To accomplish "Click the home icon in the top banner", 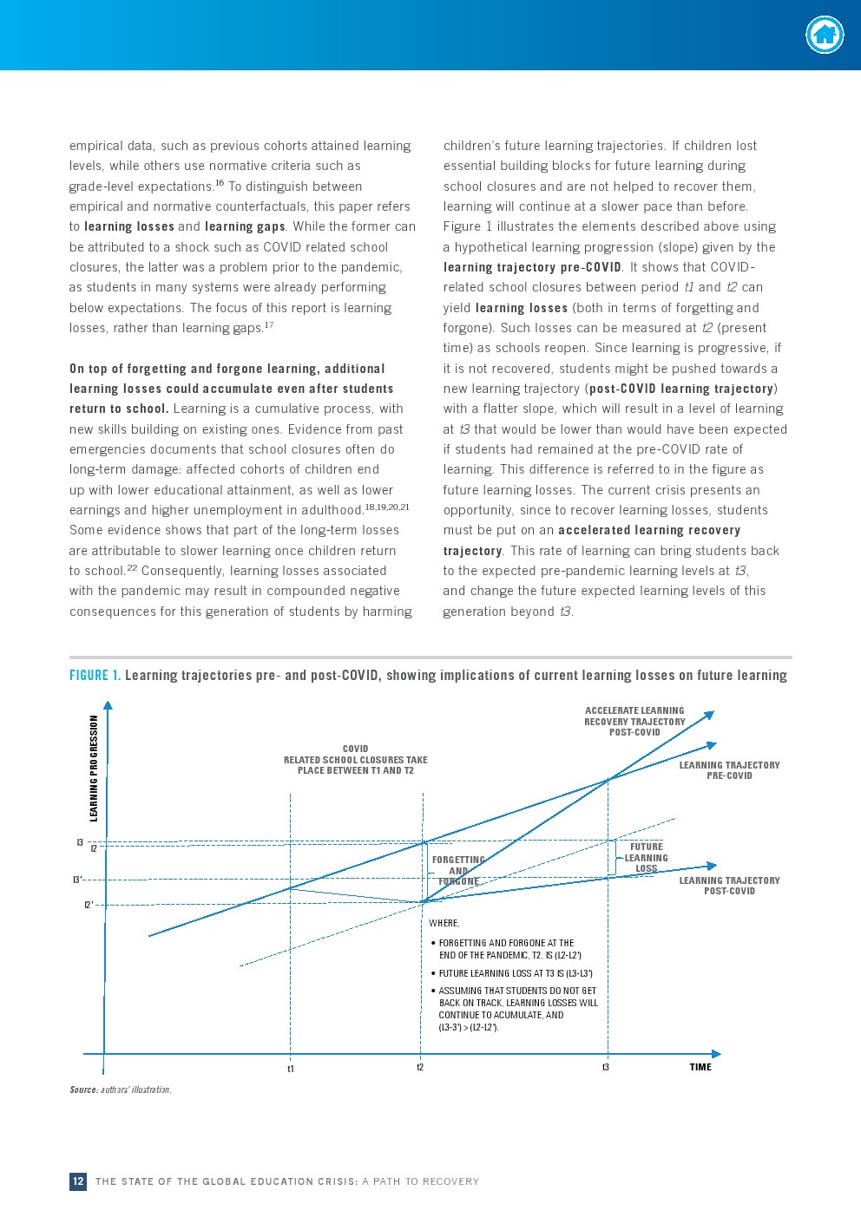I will [825, 36].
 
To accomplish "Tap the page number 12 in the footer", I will [78, 1181].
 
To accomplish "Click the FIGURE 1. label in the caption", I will [95, 676].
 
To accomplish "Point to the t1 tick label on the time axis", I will [291, 1069].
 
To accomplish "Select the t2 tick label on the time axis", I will [420, 1067].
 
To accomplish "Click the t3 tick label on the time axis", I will [606, 1067].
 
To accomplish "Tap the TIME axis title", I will [700, 1067].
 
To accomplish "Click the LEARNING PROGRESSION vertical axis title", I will [95, 768].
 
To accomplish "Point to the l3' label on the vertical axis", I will [77, 880].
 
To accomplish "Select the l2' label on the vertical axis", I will [89, 905].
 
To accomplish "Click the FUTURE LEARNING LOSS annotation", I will [647, 858].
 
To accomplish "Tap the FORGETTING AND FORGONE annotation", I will [458, 871].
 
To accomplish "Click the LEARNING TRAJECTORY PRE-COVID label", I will [729, 770].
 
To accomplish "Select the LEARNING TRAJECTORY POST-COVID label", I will [729, 886].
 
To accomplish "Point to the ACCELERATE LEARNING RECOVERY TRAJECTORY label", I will [634, 721].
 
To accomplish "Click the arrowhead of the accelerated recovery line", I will [709, 716].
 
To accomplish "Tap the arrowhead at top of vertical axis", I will [108, 706].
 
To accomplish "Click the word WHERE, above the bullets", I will [444, 923].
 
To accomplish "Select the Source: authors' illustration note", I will [121, 1089].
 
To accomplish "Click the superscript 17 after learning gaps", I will [269, 325].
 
